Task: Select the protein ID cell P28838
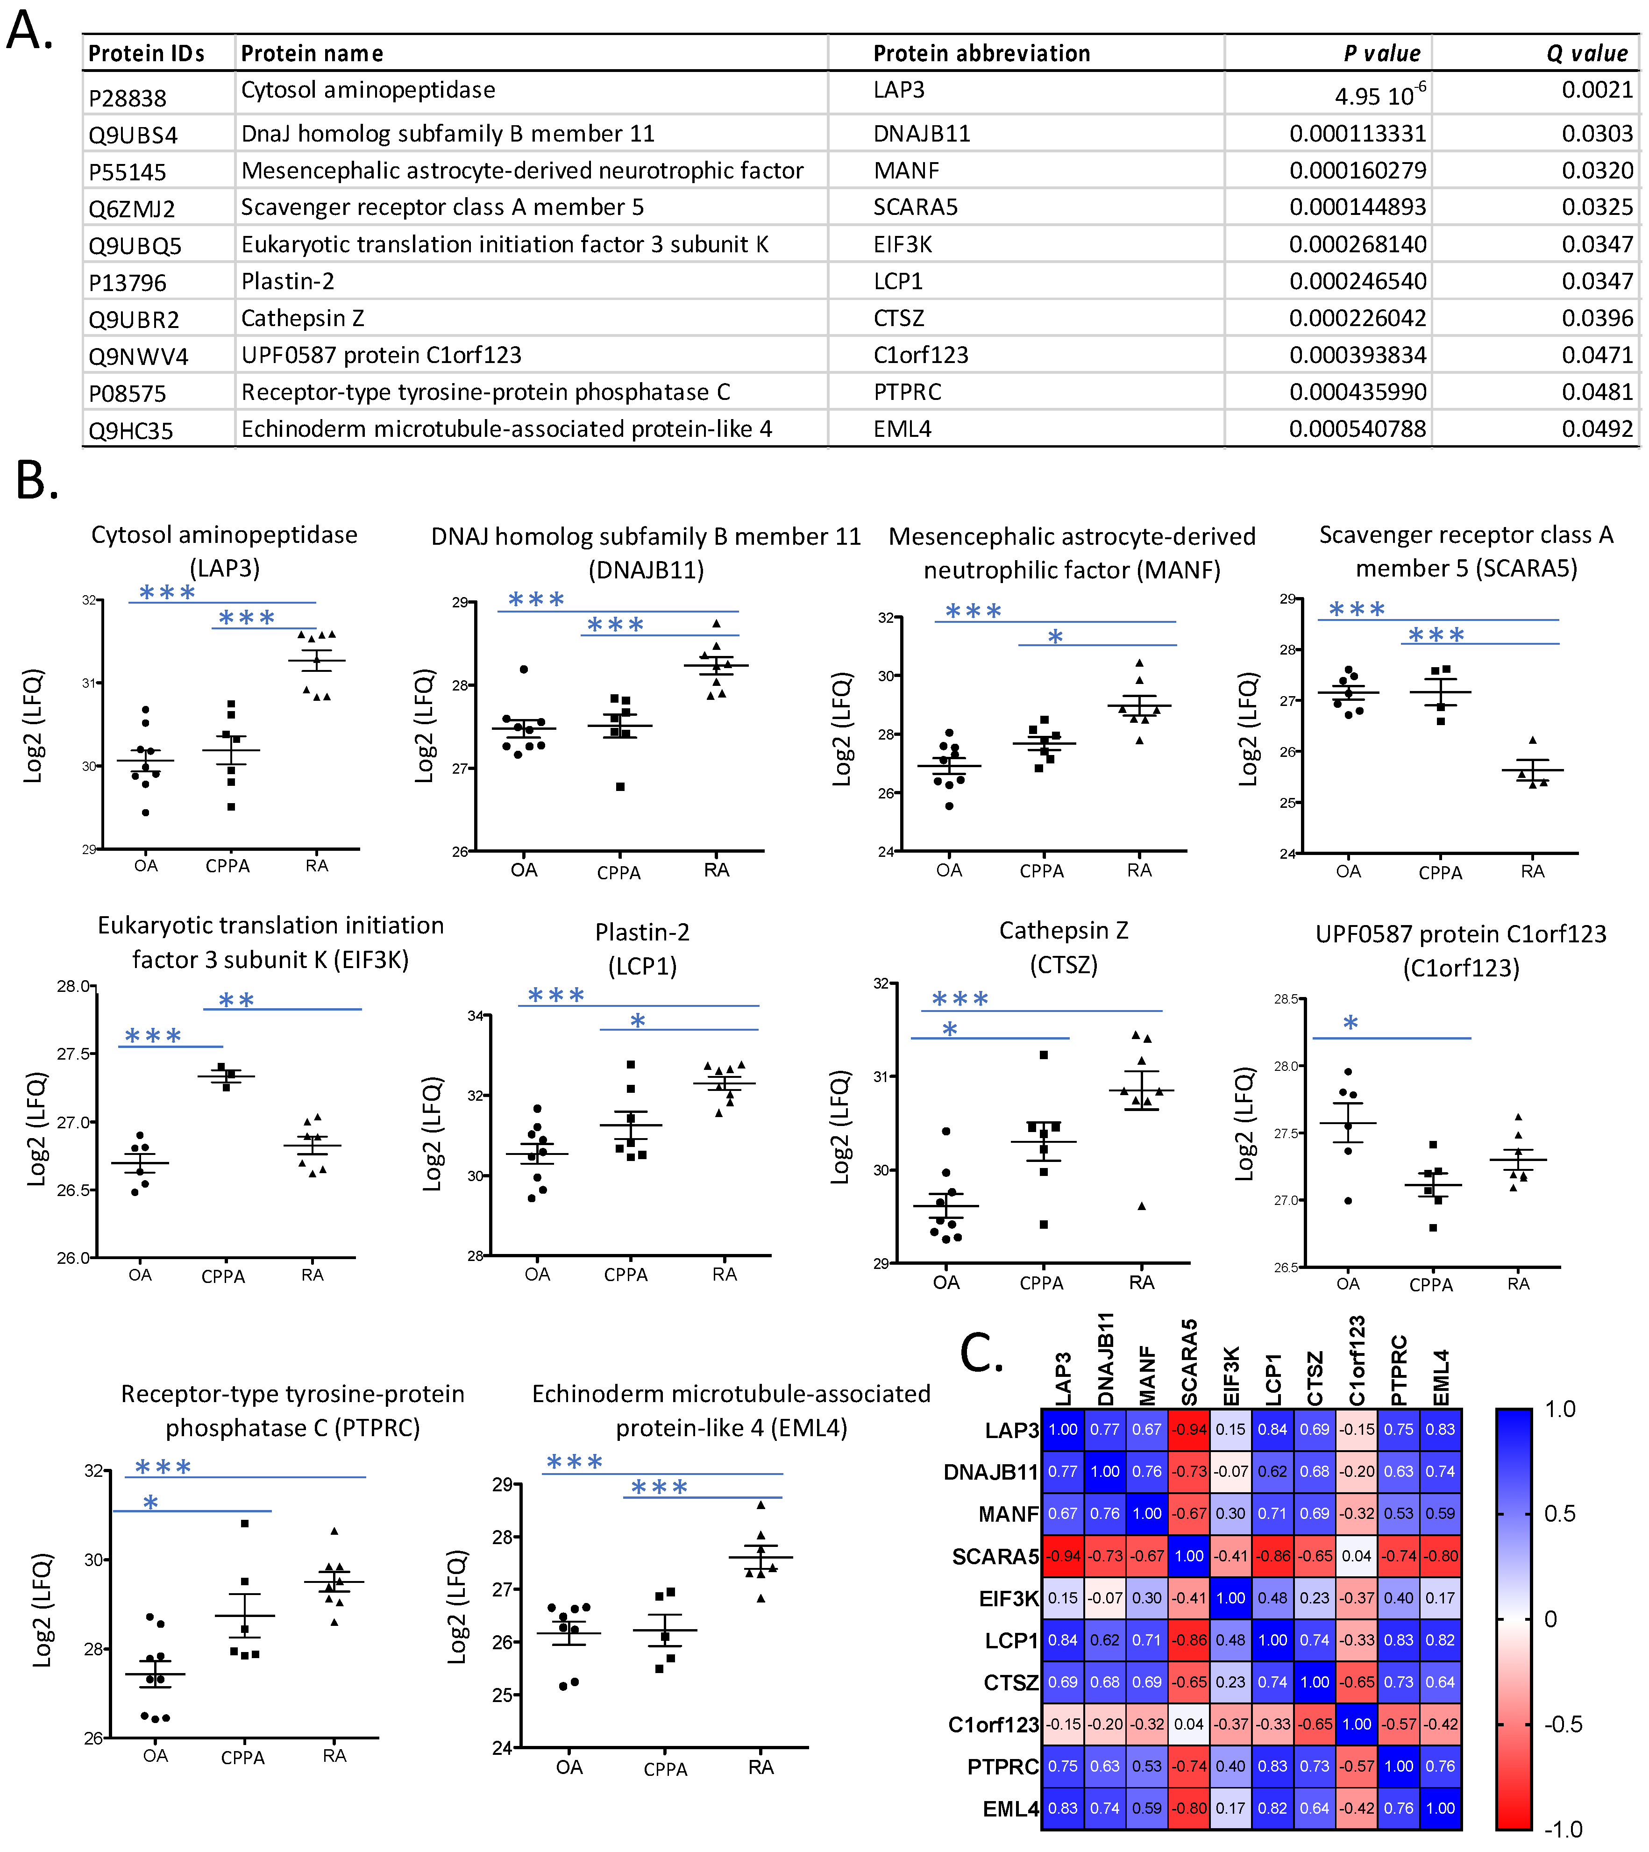[x=127, y=97]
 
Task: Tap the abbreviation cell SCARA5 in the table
[x=915, y=207]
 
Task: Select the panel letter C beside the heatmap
[x=981, y=1354]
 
